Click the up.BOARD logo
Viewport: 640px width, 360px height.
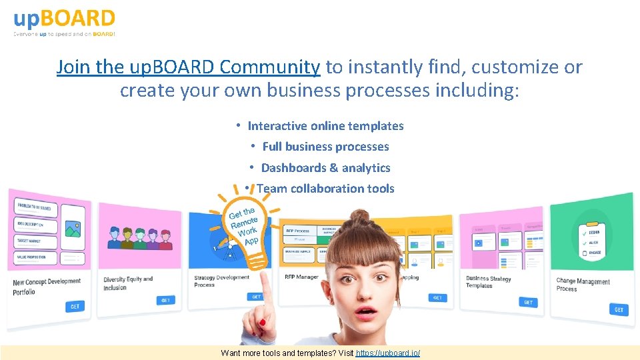[65, 22]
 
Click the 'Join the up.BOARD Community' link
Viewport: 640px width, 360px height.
[189, 67]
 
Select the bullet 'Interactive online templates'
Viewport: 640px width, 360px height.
[325, 126]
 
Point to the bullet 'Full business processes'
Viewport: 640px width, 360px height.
[325, 147]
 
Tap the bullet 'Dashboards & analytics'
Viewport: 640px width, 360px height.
[325, 168]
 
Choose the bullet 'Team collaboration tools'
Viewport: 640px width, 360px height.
[325, 189]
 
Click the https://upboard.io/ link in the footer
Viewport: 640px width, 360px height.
[387, 353]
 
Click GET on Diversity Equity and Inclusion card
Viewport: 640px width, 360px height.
[165, 300]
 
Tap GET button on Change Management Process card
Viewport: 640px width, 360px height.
[619, 309]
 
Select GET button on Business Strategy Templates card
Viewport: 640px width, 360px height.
[528, 302]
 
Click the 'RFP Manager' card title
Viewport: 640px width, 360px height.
[301, 277]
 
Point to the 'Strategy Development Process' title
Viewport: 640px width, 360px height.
[221, 281]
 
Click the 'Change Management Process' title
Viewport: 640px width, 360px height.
[583, 285]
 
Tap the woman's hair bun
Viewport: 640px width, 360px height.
[361, 219]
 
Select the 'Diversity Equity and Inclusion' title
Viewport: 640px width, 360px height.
[128, 283]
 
